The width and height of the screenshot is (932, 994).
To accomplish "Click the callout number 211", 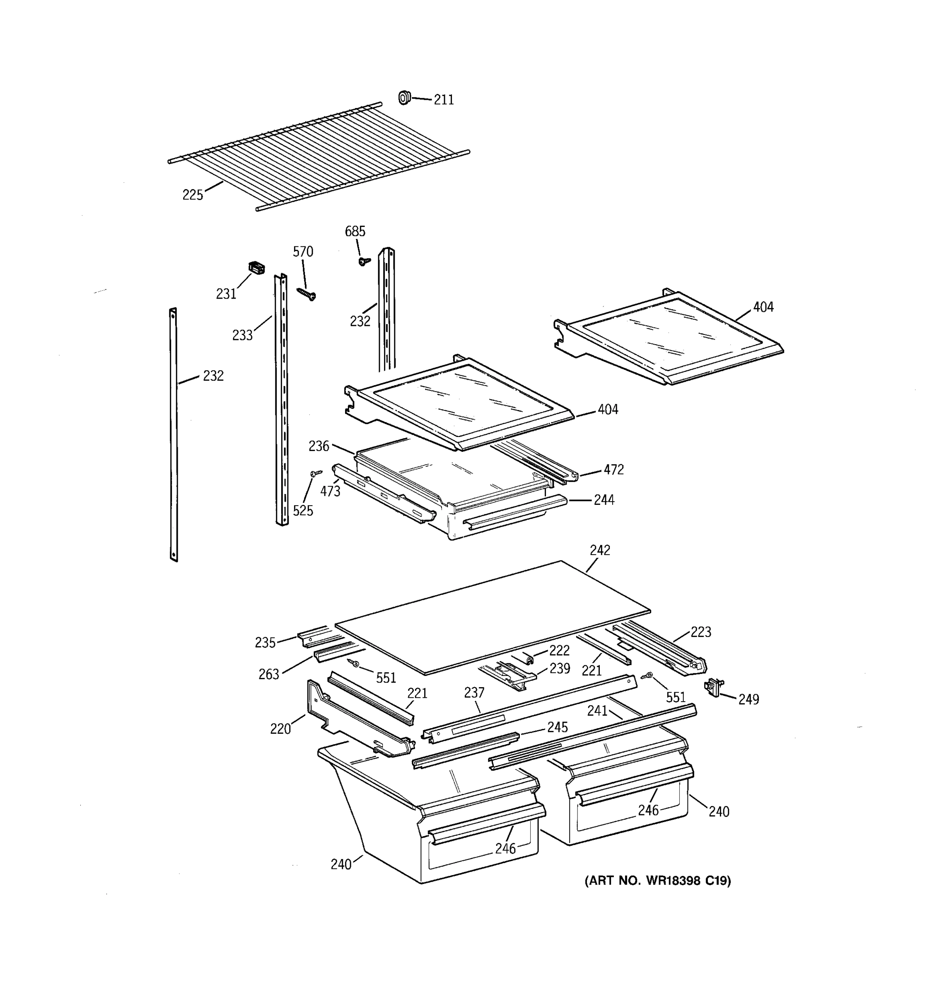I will click(444, 100).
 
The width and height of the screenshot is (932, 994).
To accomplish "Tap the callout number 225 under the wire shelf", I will click(193, 195).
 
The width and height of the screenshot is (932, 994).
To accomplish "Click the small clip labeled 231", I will click(256, 268).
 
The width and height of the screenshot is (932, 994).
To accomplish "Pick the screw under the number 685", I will click(364, 261).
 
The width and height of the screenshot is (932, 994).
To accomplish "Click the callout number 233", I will click(242, 335).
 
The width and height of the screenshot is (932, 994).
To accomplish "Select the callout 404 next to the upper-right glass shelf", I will click(763, 307).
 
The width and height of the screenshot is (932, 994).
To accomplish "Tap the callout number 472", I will click(613, 470).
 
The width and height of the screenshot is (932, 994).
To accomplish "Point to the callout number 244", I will click(604, 500).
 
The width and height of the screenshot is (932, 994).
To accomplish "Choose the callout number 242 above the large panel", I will click(600, 550).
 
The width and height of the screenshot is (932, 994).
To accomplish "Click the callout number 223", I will click(700, 632).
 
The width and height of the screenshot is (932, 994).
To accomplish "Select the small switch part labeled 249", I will click(714, 687).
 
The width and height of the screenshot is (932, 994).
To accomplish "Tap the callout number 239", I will click(560, 668).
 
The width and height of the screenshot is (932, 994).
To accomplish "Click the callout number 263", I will click(268, 675).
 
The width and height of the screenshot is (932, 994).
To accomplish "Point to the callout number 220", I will click(280, 729).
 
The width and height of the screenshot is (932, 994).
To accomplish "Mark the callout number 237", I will click(474, 692).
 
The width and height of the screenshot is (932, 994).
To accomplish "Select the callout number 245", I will click(557, 727).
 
